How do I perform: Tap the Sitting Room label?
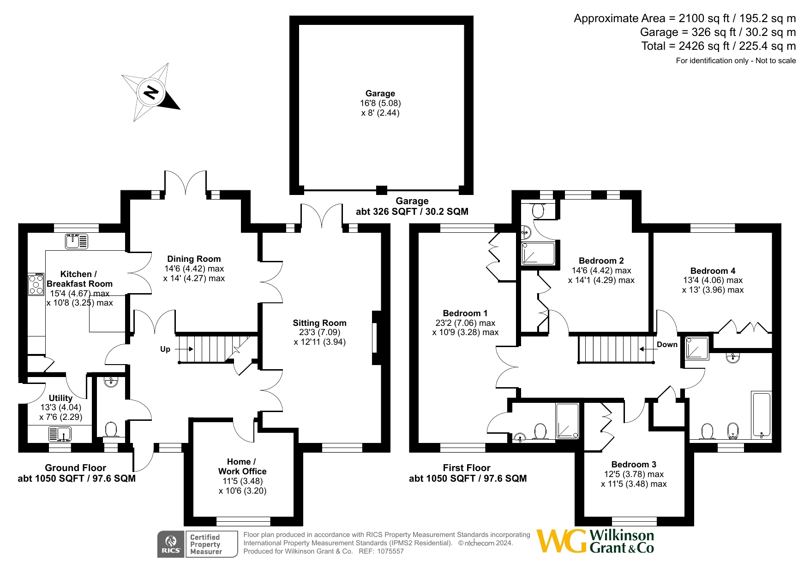[319, 323]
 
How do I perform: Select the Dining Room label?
[194, 259]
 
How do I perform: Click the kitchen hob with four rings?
[36, 284]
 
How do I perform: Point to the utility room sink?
[60, 434]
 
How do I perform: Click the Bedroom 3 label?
[634, 465]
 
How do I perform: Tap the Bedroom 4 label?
[713, 271]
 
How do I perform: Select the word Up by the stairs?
[165, 349]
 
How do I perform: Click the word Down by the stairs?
[667, 345]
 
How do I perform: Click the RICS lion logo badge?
[171, 544]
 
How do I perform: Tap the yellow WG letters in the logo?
[562, 541]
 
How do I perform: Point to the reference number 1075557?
[390, 551]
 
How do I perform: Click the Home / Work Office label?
[242, 466]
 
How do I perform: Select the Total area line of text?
[719, 46]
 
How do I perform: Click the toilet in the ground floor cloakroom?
[111, 430]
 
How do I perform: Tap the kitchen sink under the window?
[77, 241]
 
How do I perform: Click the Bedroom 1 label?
[465, 313]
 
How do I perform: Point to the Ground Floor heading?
[76, 468]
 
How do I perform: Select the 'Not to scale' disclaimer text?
[775, 60]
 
